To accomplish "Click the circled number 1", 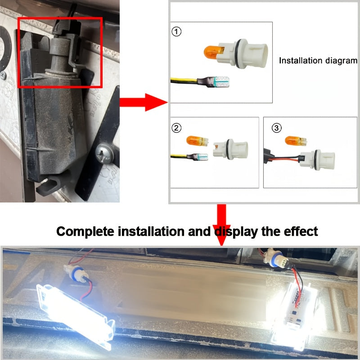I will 177,32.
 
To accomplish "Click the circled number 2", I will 177,128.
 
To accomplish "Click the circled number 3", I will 276,128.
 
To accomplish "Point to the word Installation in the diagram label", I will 300,60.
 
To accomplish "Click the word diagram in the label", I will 340,60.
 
